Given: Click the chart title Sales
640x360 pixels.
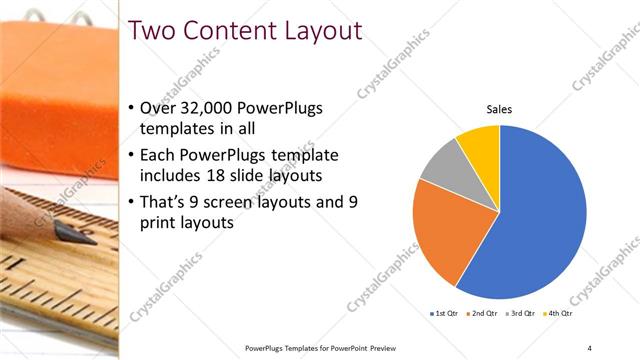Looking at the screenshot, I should pyautogui.click(x=499, y=111).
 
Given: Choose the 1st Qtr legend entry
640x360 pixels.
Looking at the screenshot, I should pyautogui.click(x=444, y=313).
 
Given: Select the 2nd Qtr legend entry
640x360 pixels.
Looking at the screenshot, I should pyautogui.click(x=481, y=313).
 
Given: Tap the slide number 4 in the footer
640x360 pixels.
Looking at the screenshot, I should pyautogui.click(x=589, y=347).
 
